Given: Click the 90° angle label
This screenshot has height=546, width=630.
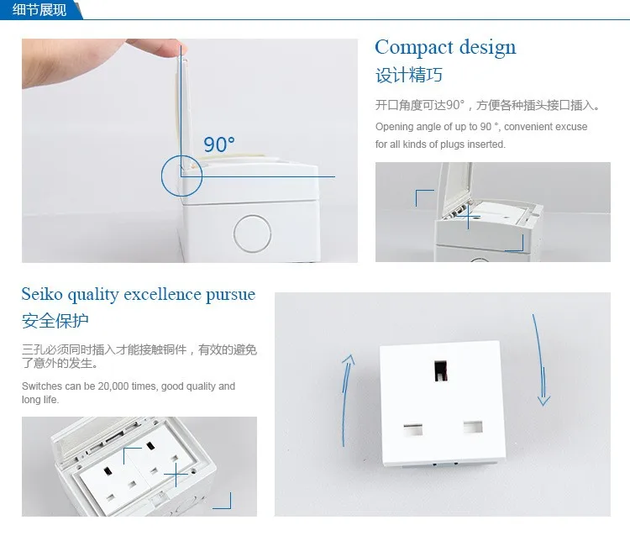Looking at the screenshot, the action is [x=219, y=144].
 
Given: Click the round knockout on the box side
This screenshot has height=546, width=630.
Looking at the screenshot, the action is [x=252, y=234].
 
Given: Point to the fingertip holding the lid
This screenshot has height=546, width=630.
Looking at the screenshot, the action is [x=176, y=48].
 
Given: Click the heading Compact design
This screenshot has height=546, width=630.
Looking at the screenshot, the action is [x=445, y=48].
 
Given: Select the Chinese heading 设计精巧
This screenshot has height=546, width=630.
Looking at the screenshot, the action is [x=409, y=75].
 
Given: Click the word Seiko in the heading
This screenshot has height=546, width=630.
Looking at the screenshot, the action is [x=42, y=294].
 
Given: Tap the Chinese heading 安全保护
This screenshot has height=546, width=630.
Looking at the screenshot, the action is [x=55, y=321].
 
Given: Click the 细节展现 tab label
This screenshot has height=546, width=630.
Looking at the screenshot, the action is [x=39, y=9].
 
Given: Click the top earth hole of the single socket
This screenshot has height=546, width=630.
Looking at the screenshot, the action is [x=441, y=370].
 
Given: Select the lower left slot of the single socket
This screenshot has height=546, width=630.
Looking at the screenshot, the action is [x=413, y=429].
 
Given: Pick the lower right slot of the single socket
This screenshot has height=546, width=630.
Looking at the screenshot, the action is [x=473, y=427].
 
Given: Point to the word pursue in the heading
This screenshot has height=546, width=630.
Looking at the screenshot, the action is [x=231, y=295].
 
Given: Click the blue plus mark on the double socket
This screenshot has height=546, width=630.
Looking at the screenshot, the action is [x=176, y=475].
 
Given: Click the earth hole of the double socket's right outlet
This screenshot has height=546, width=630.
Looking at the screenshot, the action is [x=150, y=446].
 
